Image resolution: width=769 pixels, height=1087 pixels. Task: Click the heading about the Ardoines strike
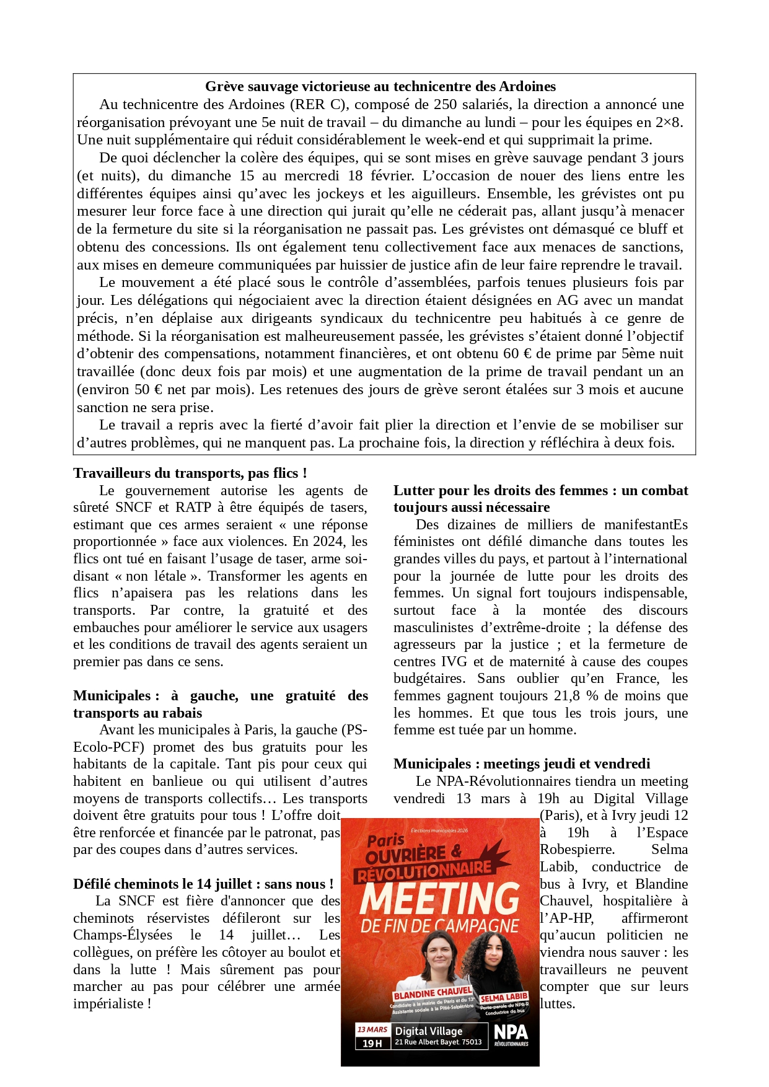[380, 87]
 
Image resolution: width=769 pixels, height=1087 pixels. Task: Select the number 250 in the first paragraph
[446, 105]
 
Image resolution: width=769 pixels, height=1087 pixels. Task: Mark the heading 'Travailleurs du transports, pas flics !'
[190, 473]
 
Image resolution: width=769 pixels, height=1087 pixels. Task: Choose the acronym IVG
[454, 662]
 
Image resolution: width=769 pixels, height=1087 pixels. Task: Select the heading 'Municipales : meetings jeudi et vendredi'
[522, 764]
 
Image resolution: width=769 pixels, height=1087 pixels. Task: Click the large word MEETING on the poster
[440, 898]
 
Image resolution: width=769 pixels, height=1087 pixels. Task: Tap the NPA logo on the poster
[511, 1035]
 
